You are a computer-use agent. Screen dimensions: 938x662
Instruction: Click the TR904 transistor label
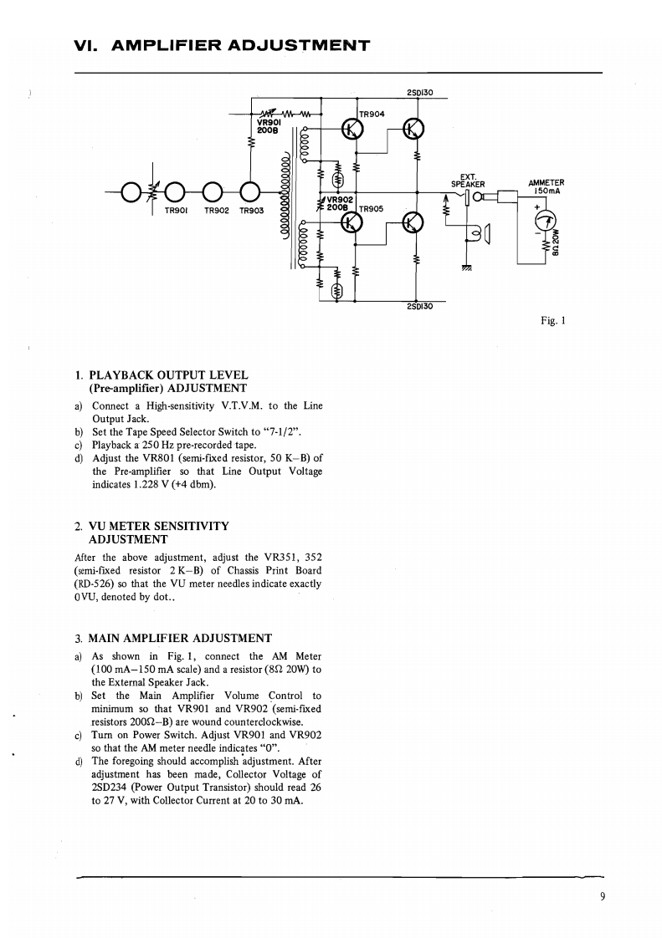[371, 114]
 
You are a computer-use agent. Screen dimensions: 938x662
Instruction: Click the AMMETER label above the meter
[546, 183]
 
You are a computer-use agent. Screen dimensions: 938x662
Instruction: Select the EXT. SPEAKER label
[468, 181]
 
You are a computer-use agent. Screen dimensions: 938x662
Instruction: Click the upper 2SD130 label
[418, 93]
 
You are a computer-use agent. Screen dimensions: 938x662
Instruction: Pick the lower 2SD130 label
[418, 306]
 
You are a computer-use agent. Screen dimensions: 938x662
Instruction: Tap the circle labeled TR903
[249, 191]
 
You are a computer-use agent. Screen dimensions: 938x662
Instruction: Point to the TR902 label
[217, 211]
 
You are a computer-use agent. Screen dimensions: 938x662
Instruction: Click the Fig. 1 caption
[556, 319]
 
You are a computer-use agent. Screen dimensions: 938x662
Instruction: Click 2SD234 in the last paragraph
[108, 787]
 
